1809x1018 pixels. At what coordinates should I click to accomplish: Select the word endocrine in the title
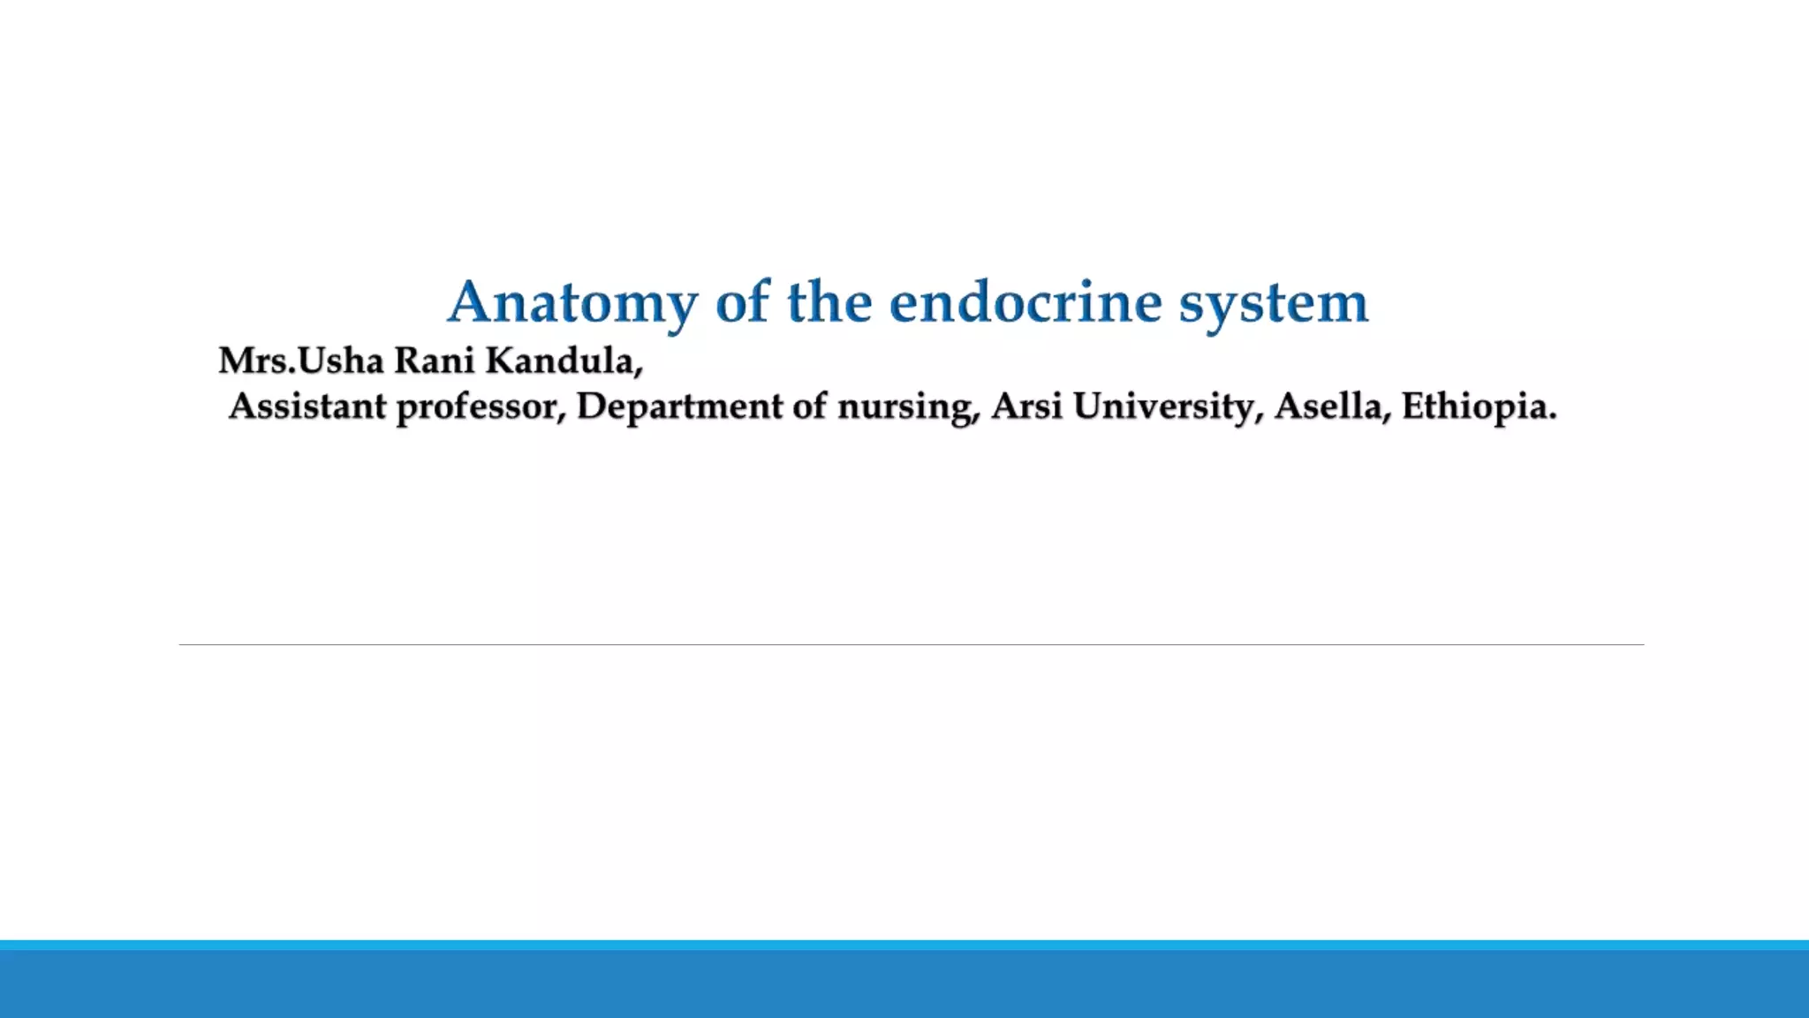coord(1026,302)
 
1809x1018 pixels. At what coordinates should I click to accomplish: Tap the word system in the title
coord(1274,302)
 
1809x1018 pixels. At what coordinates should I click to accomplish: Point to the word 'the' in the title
coord(829,302)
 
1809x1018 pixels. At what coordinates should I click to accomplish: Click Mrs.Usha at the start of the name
coord(300,361)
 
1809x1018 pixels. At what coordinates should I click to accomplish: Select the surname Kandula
coord(564,361)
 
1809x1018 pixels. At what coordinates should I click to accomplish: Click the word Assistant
coord(307,406)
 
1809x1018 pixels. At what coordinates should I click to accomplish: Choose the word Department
coord(678,406)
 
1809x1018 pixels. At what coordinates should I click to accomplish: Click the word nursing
coord(908,406)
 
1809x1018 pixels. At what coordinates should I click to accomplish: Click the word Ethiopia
coord(1478,406)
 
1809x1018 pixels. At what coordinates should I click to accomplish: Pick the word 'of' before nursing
coord(809,406)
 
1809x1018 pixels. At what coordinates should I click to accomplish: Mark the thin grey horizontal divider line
coord(910,645)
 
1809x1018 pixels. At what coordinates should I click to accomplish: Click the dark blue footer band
coord(904,984)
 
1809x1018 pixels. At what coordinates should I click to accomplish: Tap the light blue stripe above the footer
coord(904,945)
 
